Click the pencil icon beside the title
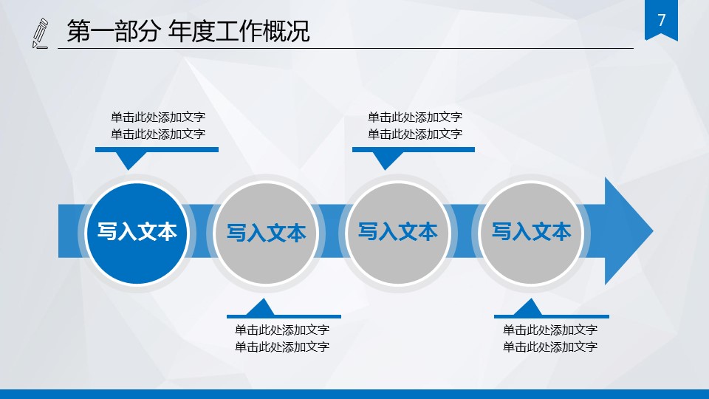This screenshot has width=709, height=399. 40,33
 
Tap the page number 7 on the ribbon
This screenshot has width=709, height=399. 662,20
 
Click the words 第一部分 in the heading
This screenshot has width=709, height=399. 113,31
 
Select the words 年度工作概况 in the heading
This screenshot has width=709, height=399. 239,31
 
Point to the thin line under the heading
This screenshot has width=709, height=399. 346,48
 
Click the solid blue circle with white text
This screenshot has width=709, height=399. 137,233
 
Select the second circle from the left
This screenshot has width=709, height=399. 266,233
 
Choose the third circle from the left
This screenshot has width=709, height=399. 398,233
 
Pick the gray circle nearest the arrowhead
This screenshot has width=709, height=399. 531,233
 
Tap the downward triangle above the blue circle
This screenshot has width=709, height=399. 130,160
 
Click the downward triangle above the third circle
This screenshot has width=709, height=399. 386,160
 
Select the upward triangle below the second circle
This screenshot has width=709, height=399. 261,307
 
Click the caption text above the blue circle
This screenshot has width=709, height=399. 158,126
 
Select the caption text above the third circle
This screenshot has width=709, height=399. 414,126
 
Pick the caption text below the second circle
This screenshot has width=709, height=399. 281,338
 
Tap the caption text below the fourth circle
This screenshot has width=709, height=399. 549,338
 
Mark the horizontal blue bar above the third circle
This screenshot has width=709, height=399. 414,150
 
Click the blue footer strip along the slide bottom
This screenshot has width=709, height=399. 354,394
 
